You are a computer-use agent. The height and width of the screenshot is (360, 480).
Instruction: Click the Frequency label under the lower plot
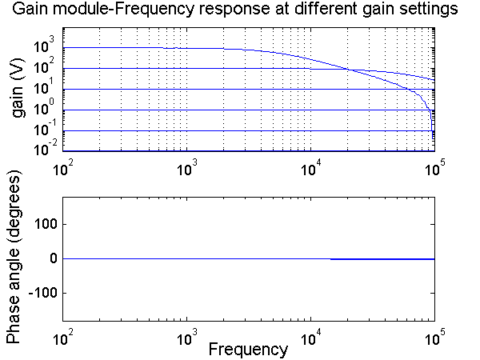(x=248, y=349)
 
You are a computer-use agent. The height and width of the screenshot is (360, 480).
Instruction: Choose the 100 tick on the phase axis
(x=42, y=225)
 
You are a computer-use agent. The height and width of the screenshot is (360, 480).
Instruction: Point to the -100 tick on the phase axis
(x=40, y=293)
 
